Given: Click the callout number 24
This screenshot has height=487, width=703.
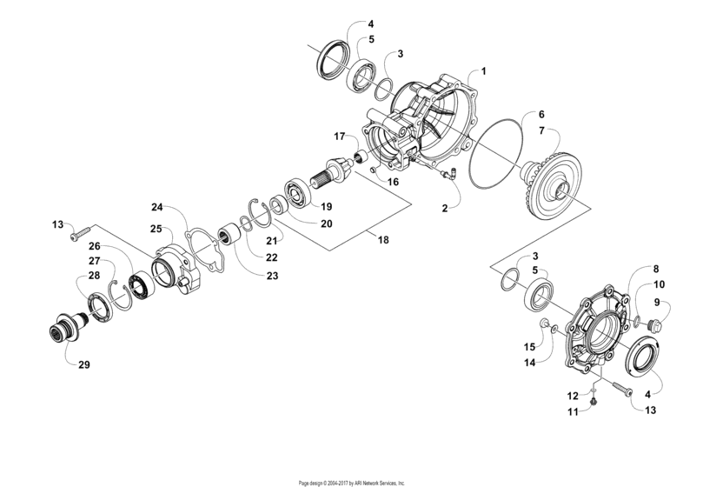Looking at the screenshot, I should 156,207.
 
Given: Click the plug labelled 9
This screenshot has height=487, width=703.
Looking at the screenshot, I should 655,326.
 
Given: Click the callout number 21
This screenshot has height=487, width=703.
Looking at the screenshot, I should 272,240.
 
